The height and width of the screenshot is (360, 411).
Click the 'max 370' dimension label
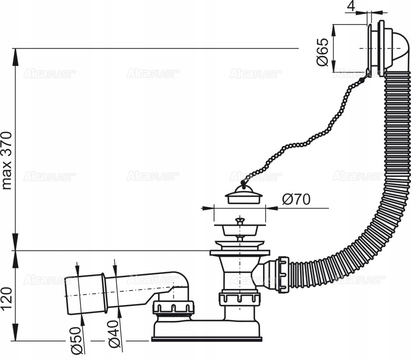[x=7, y=160]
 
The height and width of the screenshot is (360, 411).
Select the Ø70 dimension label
[x=296, y=200]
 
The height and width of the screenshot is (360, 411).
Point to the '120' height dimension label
[x=7, y=297]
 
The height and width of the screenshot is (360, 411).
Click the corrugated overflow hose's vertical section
[x=396, y=154]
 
